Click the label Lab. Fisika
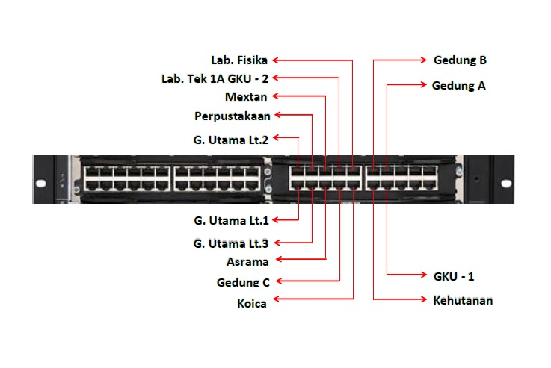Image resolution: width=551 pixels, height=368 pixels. coord(239,60)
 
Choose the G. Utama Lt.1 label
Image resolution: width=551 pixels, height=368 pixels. coord(230,220)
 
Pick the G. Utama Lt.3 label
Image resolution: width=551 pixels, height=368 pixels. coord(230,243)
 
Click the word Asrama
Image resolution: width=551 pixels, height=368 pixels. coord(247,261)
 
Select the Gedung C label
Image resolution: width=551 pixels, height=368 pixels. coord(243,282)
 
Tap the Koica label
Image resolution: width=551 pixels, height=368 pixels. coord(251,303)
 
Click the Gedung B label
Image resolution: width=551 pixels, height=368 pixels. coord(460,60)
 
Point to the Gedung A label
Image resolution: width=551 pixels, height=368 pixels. coord(458,85)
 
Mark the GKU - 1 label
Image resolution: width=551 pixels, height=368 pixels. coord(454,277)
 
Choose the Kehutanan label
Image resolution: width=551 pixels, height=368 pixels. coord(463,301)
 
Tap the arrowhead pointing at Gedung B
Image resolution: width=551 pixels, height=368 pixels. coord(423,60)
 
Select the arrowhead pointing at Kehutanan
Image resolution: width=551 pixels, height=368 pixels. coord(423,300)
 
